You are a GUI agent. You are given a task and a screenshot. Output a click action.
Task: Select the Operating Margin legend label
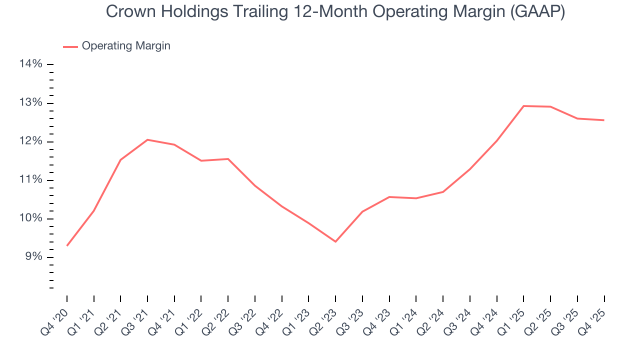(x=126, y=46)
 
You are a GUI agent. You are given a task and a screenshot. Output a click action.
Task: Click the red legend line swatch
(x=70, y=46)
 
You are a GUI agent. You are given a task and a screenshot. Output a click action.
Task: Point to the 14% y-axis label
(x=31, y=64)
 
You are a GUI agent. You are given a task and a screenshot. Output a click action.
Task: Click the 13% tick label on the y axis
(x=31, y=103)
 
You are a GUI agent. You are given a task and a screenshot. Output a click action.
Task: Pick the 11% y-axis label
(x=31, y=180)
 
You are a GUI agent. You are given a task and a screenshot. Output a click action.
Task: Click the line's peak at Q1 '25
(x=523, y=106)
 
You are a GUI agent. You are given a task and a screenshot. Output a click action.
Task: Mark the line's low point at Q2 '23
(x=335, y=241)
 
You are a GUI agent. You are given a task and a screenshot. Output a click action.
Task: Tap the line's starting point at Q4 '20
(x=67, y=245)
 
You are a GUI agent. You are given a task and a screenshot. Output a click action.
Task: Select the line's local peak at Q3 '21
(x=147, y=139)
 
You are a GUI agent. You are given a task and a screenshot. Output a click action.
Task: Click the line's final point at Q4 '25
(x=604, y=120)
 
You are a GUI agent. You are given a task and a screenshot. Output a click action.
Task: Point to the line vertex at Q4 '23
(x=389, y=197)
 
